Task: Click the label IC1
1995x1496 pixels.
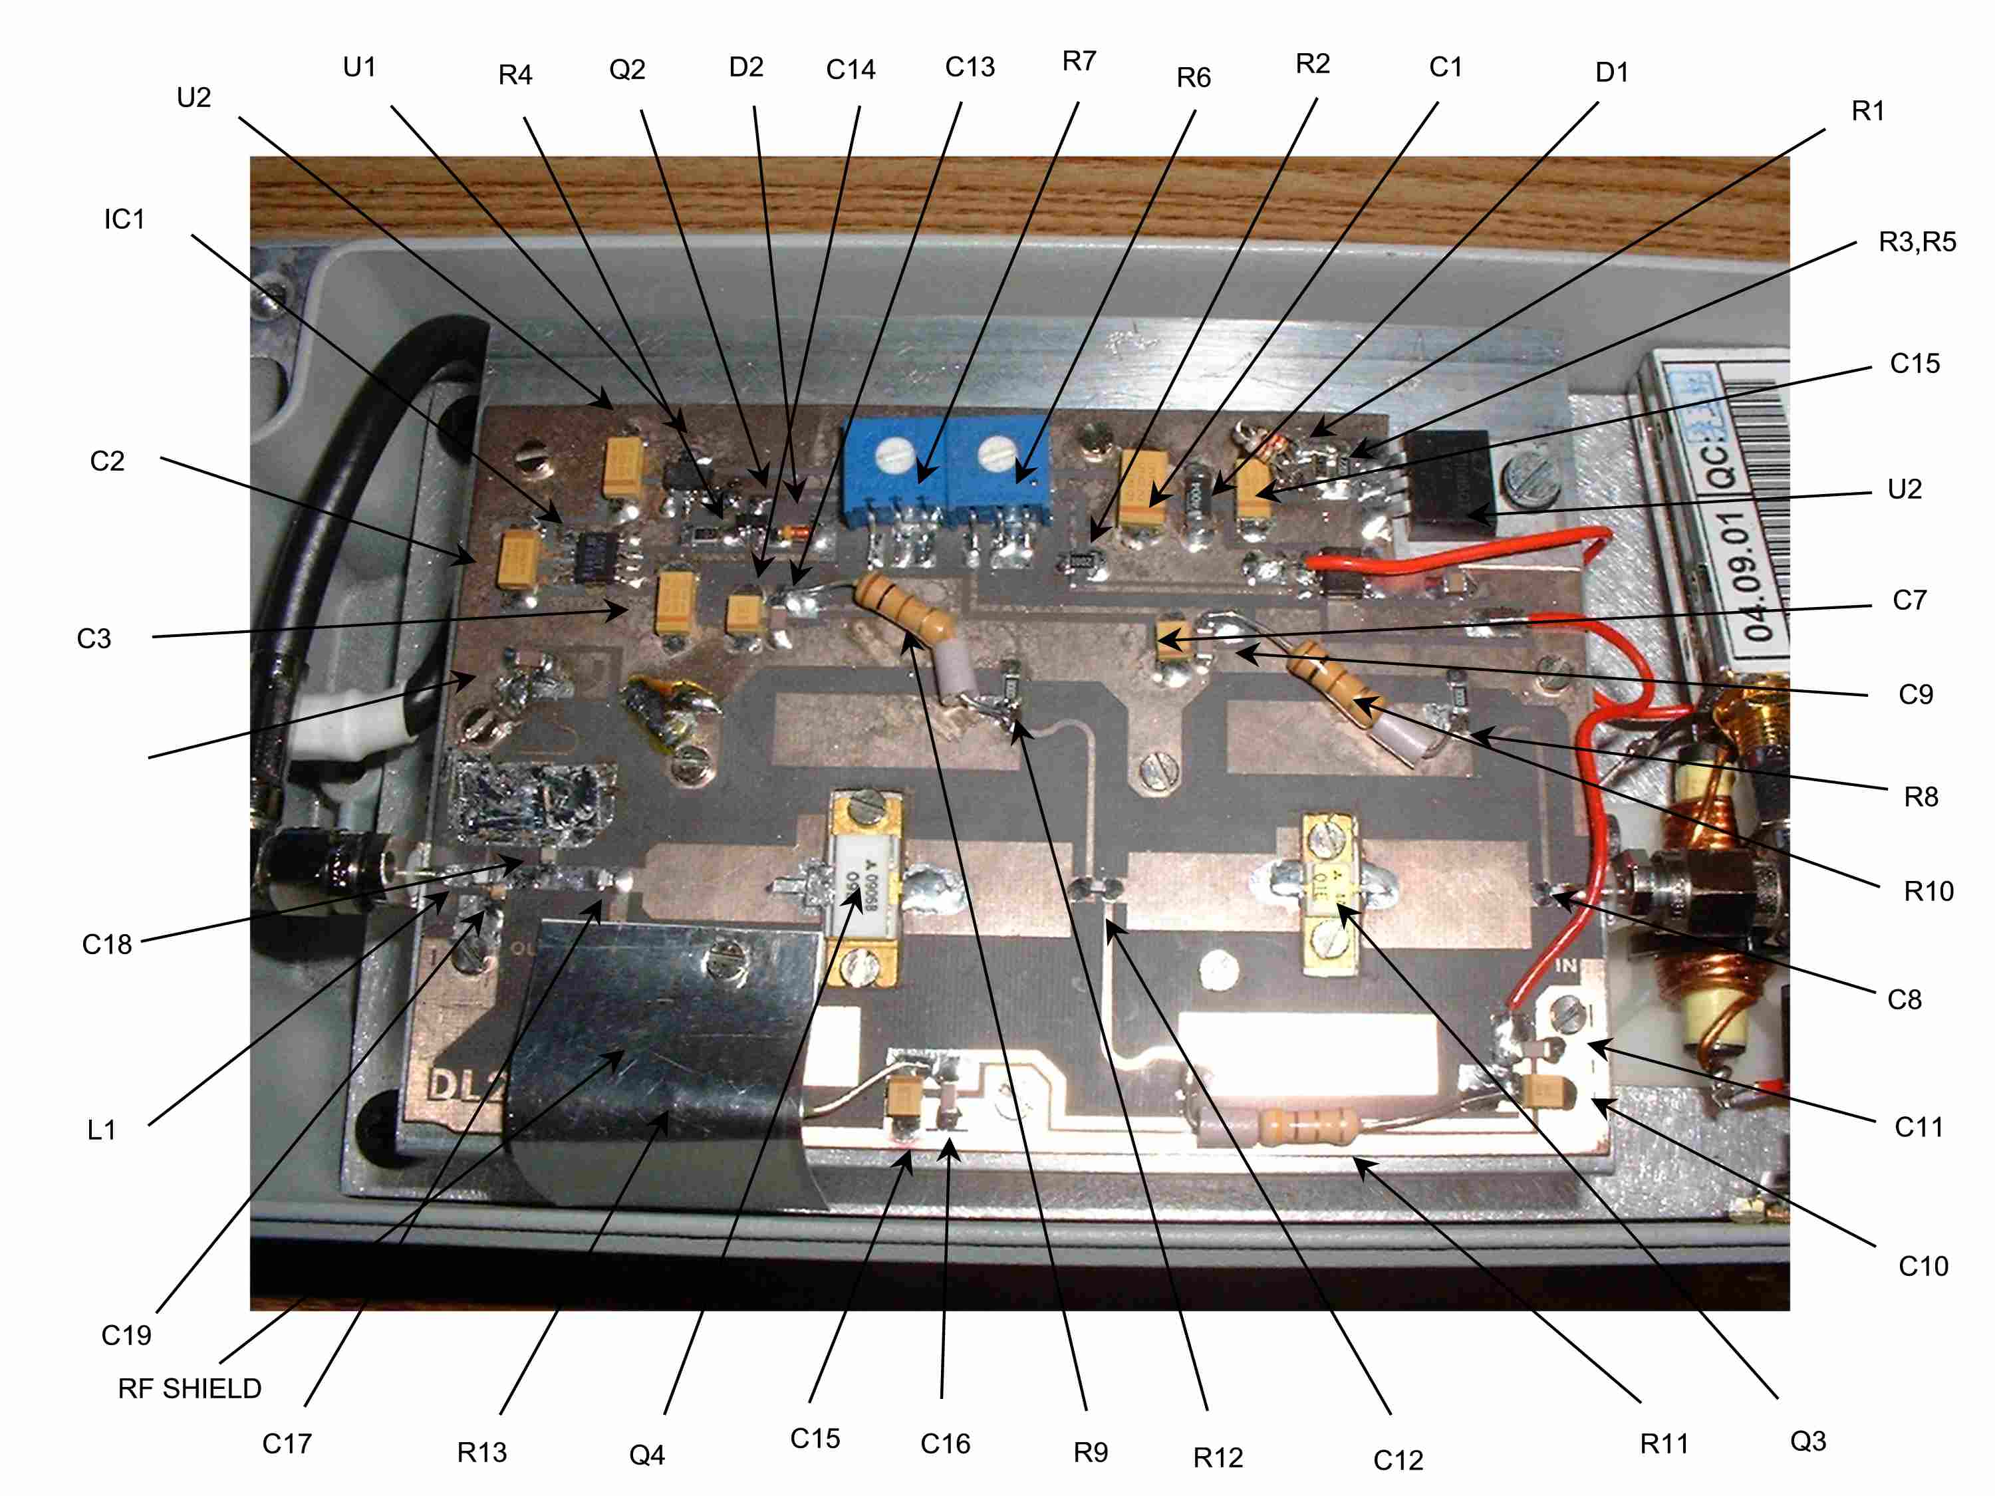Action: pos(124,219)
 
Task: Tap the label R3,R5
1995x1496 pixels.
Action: pos(1917,241)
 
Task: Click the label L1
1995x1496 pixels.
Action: pos(101,1130)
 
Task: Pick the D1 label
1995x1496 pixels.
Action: pos(1612,72)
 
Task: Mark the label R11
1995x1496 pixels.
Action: pos(1664,1443)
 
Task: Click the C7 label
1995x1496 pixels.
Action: pos(1909,600)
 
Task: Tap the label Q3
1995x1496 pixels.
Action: pos(1807,1441)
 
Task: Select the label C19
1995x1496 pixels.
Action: pos(126,1334)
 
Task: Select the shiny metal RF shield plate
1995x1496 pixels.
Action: pos(668,1055)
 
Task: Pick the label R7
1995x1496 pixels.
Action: pos(1079,61)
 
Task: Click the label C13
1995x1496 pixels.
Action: pos(970,66)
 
